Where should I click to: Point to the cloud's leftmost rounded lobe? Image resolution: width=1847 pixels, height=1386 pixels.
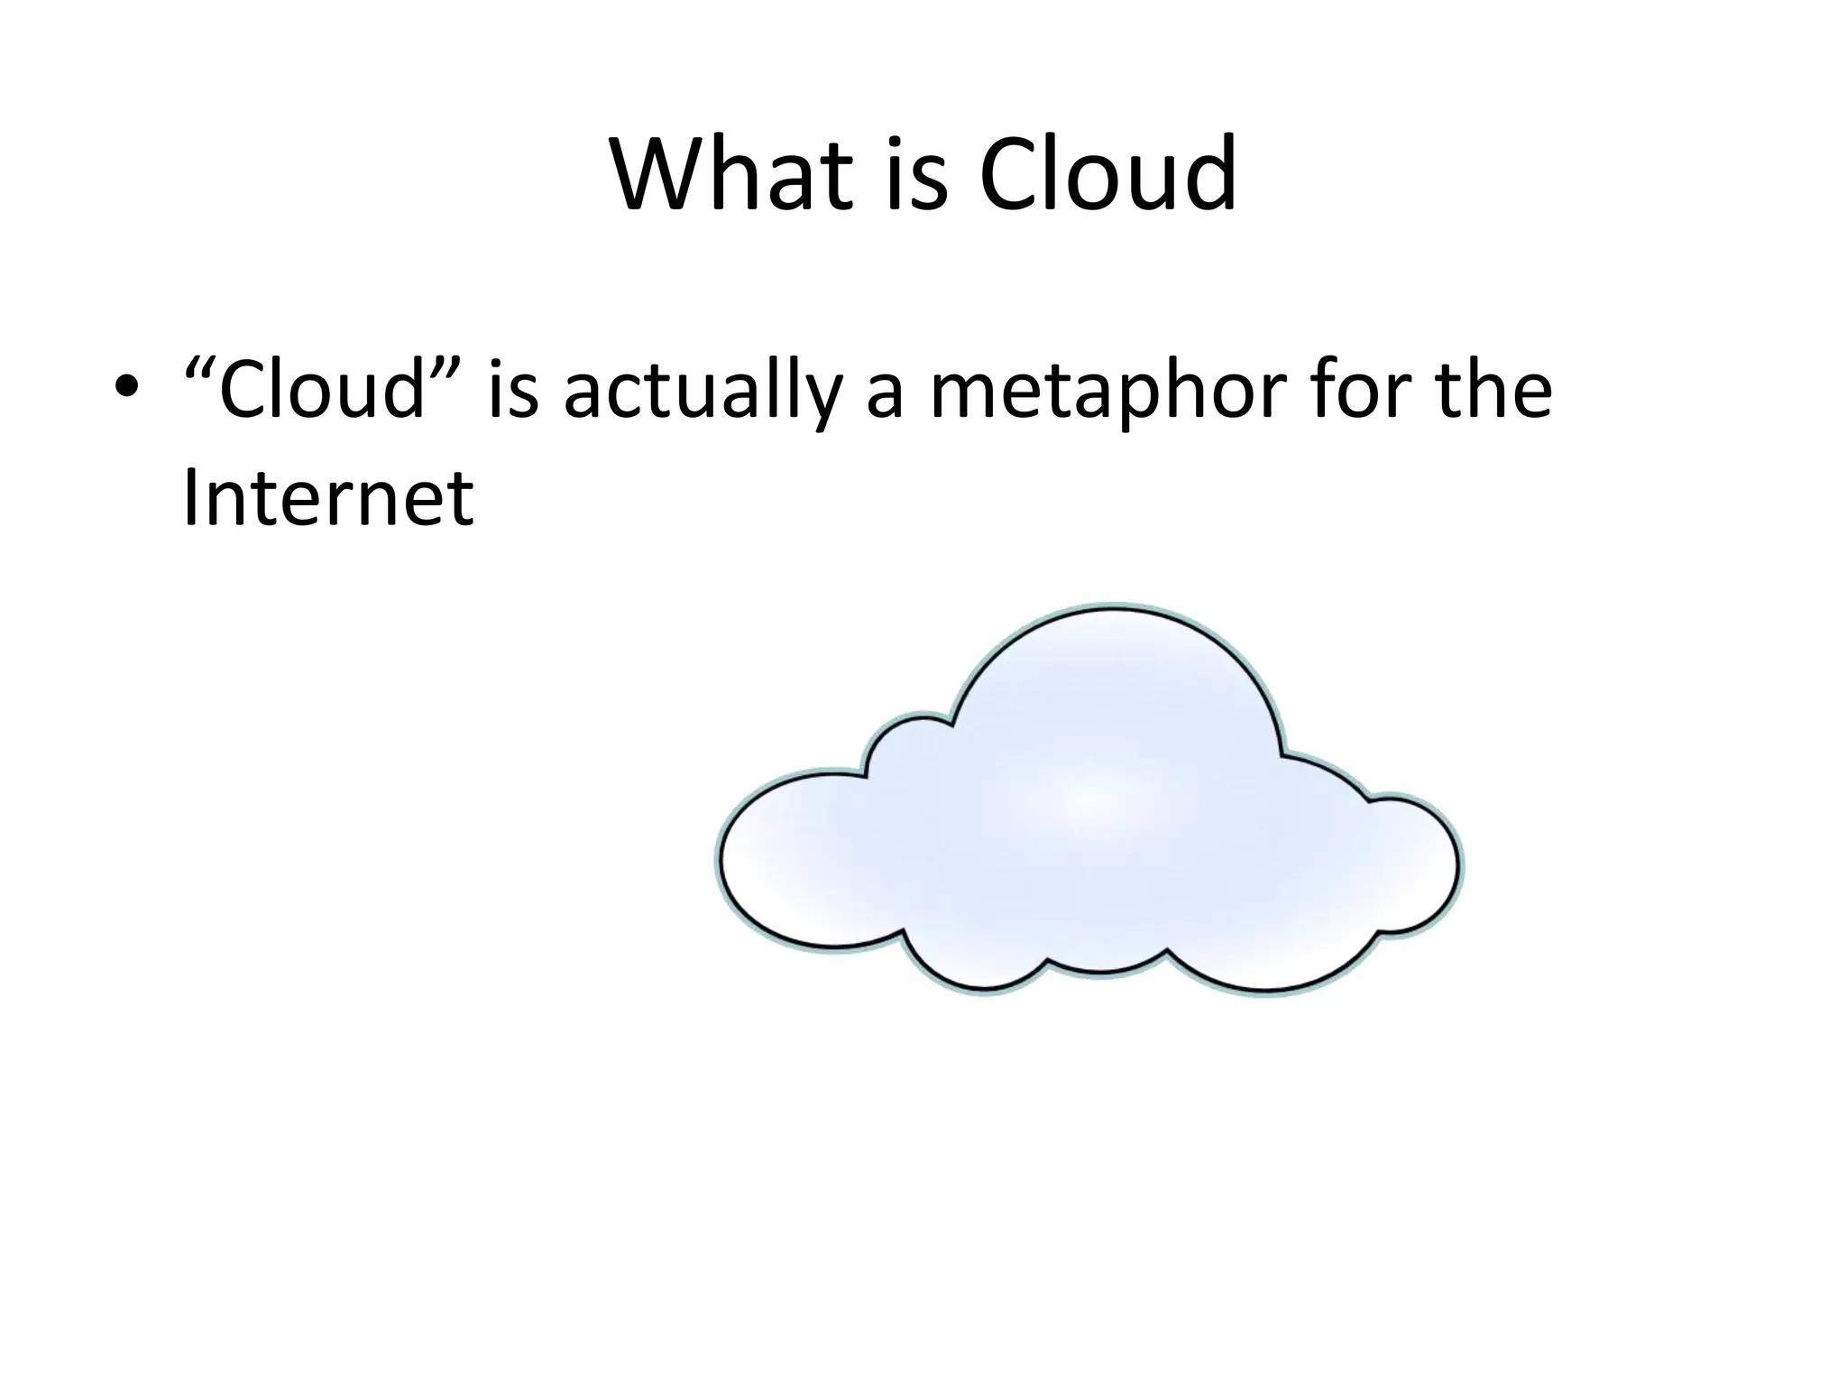point(794,857)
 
